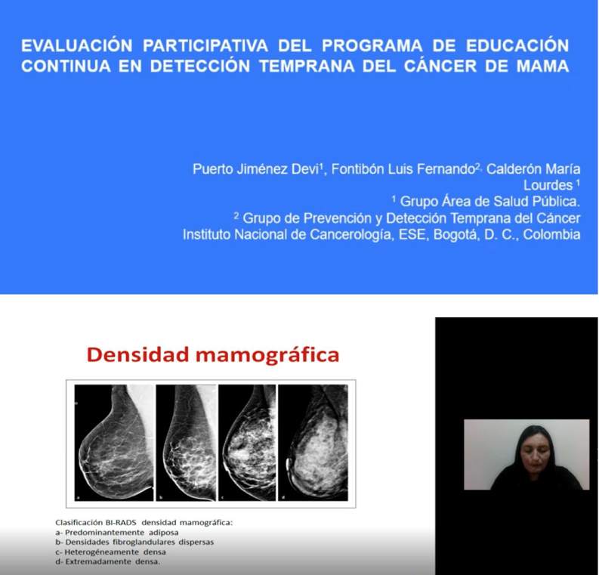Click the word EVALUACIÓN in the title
77,46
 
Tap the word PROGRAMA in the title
372,46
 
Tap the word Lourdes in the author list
548,185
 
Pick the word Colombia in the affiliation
551,234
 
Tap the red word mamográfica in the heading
267,355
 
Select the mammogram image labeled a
114,443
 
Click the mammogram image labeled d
313,443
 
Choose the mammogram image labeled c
247,443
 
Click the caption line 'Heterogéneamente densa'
111,552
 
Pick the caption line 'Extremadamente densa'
108,562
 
